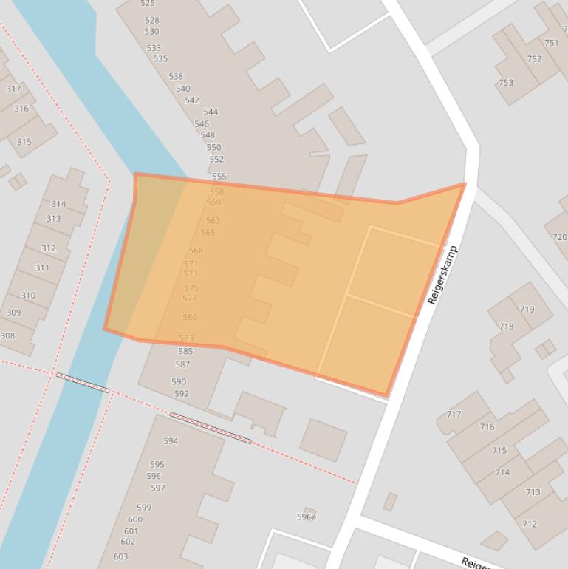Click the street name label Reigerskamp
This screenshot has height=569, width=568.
pos(442,275)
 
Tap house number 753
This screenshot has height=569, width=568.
pos(505,83)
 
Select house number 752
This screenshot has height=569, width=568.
pos(534,59)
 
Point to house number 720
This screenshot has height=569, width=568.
pos(559,237)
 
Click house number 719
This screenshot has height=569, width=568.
pos(527,310)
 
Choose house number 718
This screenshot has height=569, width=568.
pos(506,326)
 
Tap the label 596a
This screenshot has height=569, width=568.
pos(307,517)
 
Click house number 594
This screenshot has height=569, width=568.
pos(171,441)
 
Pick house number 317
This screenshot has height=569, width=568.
pos(13,89)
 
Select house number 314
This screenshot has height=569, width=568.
pos(58,204)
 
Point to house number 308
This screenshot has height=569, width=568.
pos(7,335)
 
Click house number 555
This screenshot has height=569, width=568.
pos(219,177)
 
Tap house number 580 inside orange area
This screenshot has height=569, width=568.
pos(190,317)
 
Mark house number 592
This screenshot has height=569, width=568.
pos(181,393)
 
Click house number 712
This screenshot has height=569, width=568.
pos(530,525)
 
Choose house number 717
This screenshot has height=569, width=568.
pos(454,415)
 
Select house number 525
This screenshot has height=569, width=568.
pos(148,4)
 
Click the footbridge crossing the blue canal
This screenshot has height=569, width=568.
pos(83,382)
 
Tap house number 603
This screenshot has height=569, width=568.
pos(120,556)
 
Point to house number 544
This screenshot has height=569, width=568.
pos(211,112)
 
